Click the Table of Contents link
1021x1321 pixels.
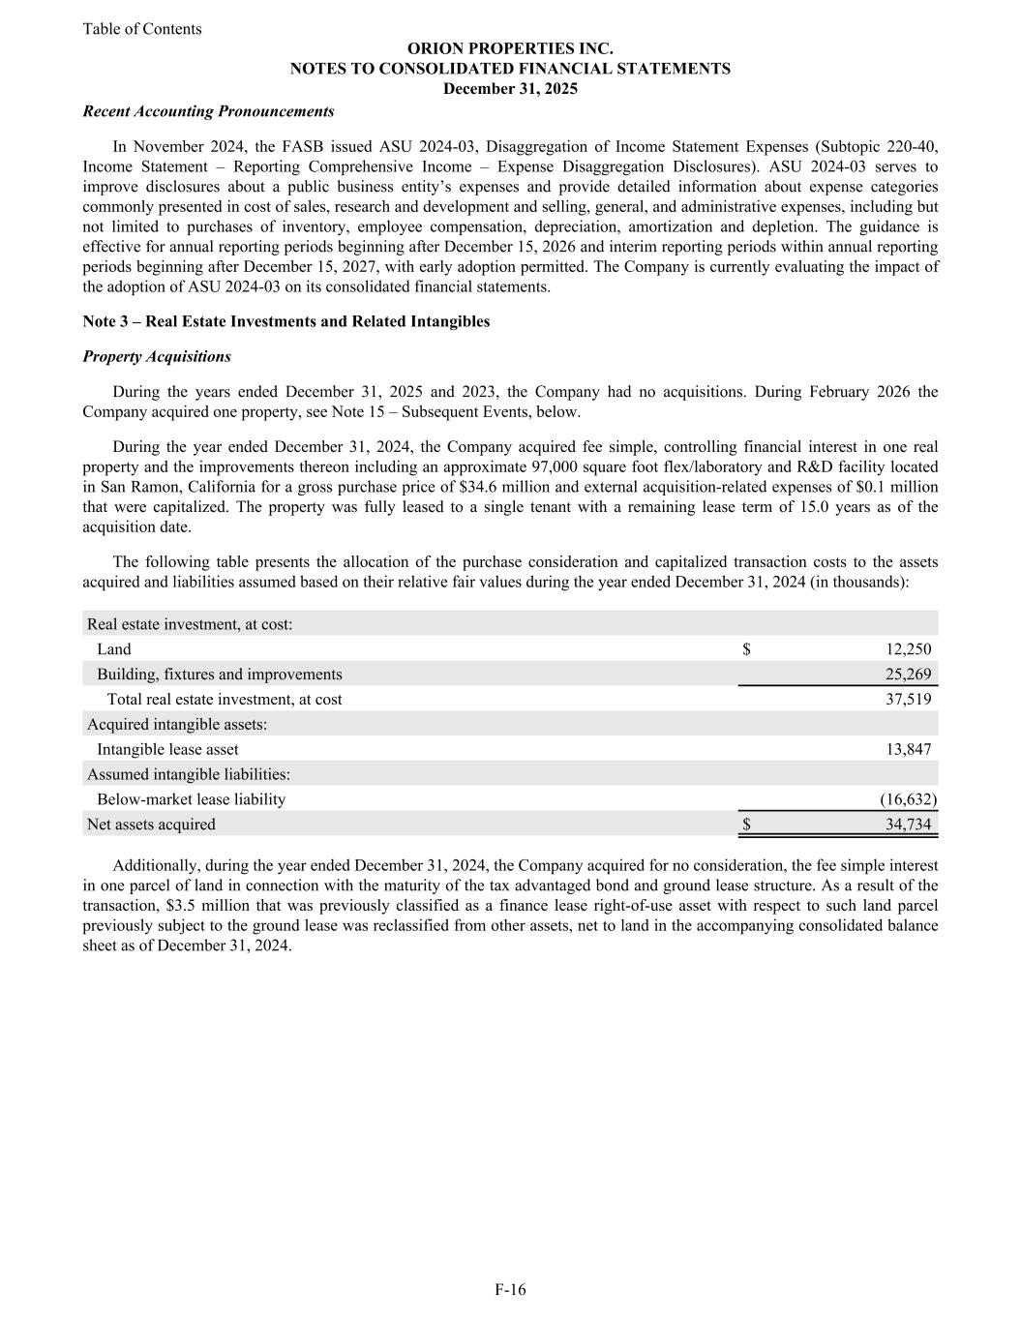pos(142,29)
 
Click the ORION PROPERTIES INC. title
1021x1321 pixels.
pos(510,48)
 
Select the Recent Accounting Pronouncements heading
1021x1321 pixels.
pos(208,111)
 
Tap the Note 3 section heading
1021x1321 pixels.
pos(286,321)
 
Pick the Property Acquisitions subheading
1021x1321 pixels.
pos(157,357)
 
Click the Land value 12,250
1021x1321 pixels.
pos(908,649)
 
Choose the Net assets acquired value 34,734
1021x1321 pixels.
pos(908,825)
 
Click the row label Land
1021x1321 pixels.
pos(113,649)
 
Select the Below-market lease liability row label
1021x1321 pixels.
pos(191,799)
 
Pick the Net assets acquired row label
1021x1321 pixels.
pos(151,825)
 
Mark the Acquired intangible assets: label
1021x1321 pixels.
pos(177,724)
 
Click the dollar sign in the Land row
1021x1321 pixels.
pos(746,649)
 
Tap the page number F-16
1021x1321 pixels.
pos(510,1289)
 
